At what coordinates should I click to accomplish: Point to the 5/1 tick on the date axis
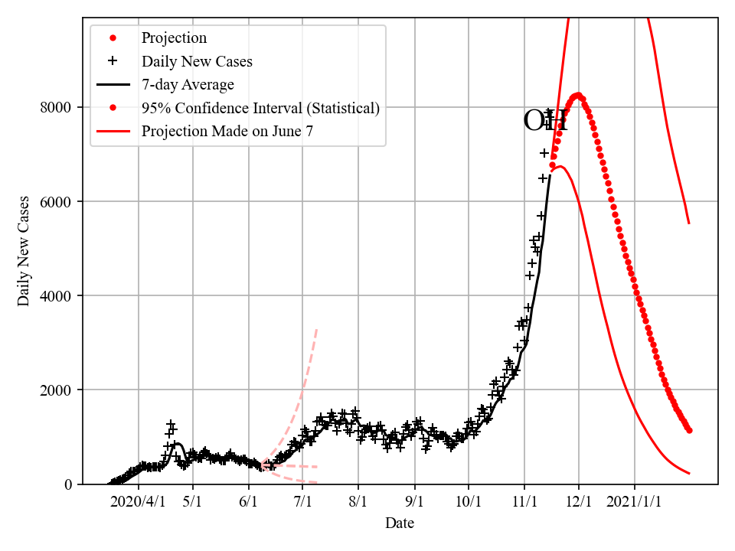pyautogui.click(x=193, y=502)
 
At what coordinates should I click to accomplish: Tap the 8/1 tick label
pyautogui.click(x=358, y=502)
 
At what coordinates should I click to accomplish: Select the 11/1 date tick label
pyautogui.click(x=524, y=502)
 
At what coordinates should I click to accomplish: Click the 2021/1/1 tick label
pyautogui.click(x=635, y=502)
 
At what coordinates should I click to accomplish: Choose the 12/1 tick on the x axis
pyautogui.click(x=579, y=502)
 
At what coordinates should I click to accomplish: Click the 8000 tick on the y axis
pyautogui.click(x=55, y=108)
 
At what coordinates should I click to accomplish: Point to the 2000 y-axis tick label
pyautogui.click(x=55, y=390)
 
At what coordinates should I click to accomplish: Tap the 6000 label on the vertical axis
pyautogui.click(x=55, y=202)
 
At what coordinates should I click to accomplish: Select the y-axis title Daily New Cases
pyautogui.click(x=24, y=251)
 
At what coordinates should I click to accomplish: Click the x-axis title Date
pyautogui.click(x=400, y=523)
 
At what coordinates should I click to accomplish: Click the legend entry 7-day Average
pyautogui.click(x=188, y=84)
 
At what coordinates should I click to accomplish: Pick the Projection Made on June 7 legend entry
pyautogui.click(x=227, y=132)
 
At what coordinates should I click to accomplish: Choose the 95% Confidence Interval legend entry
pyautogui.click(x=260, y=108)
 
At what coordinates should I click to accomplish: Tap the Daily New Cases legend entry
pyautogui.click(x=197, y=61)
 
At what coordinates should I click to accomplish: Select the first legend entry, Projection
pyautogui.click(x=174, y=37)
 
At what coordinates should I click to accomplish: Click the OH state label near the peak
pyautogui.click(x=545, y=121)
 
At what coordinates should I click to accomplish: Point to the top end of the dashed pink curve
pyautogui.click(x=317, y=329)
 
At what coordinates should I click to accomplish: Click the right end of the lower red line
pyautogui.click(x=689, y=474)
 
